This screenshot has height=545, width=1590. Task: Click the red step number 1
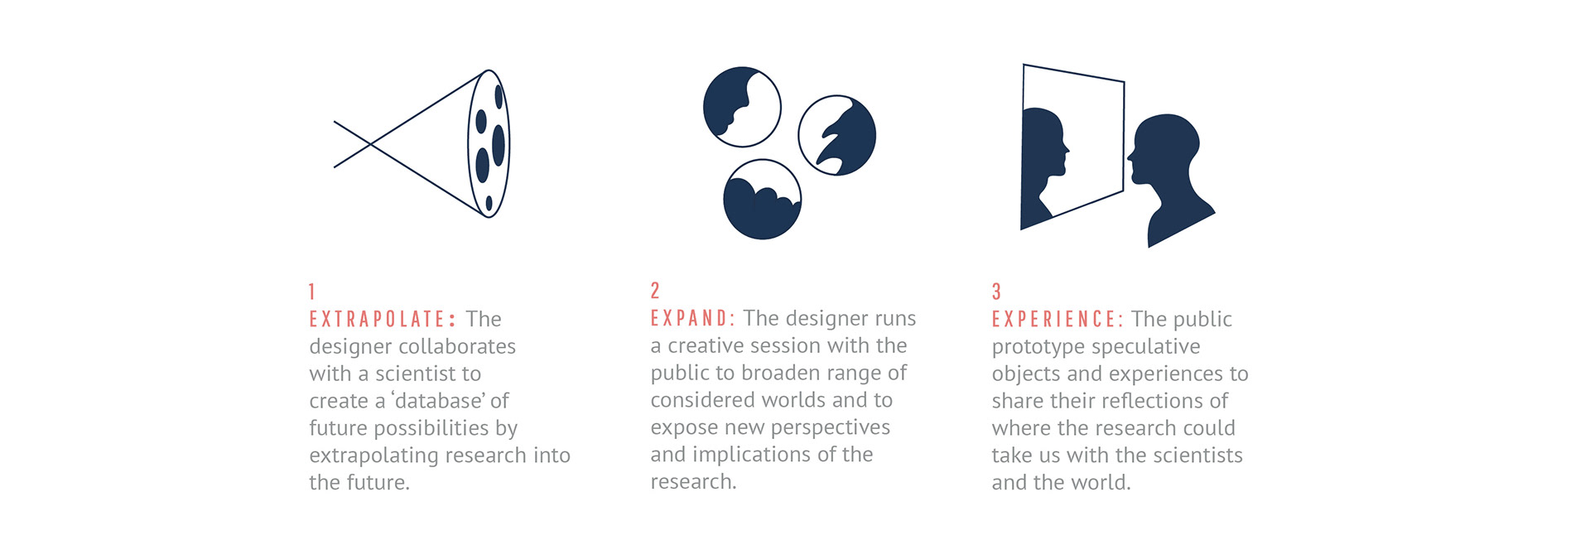click(x=312, y=292)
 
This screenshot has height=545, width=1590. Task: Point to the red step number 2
click(x=655, y=291)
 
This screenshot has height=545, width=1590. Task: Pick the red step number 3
click(x=996, y=292)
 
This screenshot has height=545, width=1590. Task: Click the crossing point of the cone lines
click(x=369, y=144)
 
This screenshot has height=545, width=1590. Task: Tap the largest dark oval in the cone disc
click(x=499, y=145)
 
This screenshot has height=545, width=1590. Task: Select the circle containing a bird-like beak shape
click(x=837, y=135)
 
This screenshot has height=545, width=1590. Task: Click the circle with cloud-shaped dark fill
click(x=762, y=200)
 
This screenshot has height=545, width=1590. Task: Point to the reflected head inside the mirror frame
click(x=1043, y=166)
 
